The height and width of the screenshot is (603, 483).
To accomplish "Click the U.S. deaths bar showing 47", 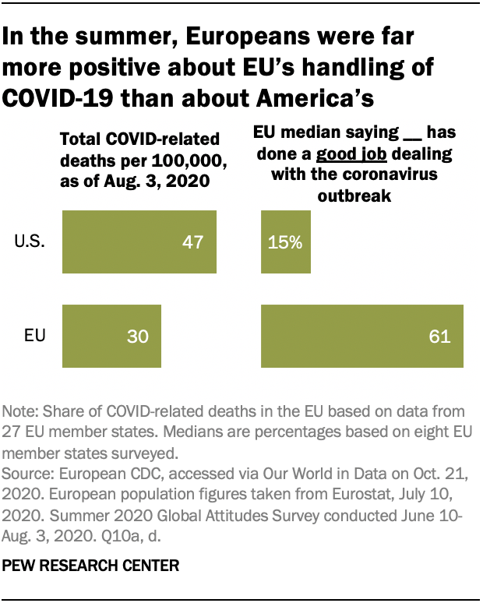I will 139,242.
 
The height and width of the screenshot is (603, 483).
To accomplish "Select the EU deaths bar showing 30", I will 111,337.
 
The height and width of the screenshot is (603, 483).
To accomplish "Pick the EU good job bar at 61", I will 362,337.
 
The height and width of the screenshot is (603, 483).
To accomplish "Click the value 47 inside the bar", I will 192,242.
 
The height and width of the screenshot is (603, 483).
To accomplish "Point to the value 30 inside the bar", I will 137,337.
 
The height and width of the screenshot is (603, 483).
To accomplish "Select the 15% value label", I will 285,242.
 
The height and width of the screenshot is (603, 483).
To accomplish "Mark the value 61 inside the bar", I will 439,337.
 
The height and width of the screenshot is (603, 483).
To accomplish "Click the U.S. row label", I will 30,242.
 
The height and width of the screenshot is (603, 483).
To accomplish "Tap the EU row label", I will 35,337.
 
